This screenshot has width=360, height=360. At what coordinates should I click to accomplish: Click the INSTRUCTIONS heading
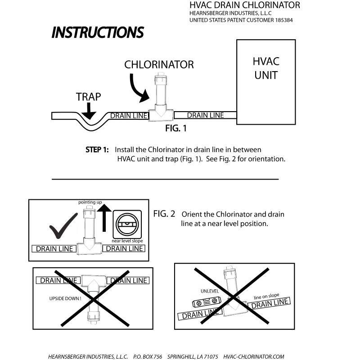[98, 32]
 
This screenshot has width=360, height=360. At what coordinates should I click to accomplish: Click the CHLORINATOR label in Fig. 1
[159, 65]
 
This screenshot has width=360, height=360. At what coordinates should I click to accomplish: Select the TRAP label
[88, 96]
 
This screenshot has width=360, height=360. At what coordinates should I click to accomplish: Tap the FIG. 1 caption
[176, 128]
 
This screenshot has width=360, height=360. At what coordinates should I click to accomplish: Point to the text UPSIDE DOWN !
[65, 298]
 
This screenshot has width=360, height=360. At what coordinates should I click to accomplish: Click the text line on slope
[266, 296]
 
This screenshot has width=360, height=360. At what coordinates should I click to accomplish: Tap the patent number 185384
[283, 20]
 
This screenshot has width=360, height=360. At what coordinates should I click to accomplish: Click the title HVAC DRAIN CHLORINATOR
[244, 5]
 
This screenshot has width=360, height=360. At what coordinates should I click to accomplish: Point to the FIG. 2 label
[164, 214]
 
